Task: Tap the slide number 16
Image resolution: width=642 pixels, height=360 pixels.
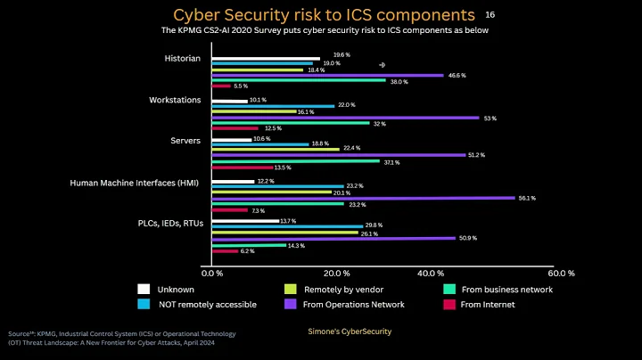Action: pyautogui.click(x=490, y=15)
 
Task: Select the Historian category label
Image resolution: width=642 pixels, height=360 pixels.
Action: pyautogui.click(x=183, y=59)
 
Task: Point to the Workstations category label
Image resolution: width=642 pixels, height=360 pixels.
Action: pyautogui.click(x=175, y=100)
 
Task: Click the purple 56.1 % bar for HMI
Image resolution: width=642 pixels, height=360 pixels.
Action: pyautogui.click(x=362, y=198)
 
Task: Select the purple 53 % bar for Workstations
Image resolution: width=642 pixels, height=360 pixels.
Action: pyautogui.click(x=344, y=118)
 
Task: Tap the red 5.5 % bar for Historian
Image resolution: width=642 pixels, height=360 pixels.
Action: pyautogui.click(x=220, y=86)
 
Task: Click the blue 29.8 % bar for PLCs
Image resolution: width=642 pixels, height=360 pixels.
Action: pyautogui.click(x=287, y=226)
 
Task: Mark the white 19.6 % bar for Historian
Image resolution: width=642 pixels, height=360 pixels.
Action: pyautogui.click(x=265, y=59)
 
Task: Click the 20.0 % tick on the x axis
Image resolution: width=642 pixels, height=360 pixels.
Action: pyautogui.click(x=334, y=273)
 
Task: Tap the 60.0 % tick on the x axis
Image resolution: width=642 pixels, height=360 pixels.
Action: pyautogui.click(x=562, y=273)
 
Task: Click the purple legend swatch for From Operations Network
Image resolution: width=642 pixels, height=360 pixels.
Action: pyautogui.click(x=290, y=304)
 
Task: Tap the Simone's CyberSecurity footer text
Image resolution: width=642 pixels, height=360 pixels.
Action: pyautogui.click(x=343, y=331)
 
